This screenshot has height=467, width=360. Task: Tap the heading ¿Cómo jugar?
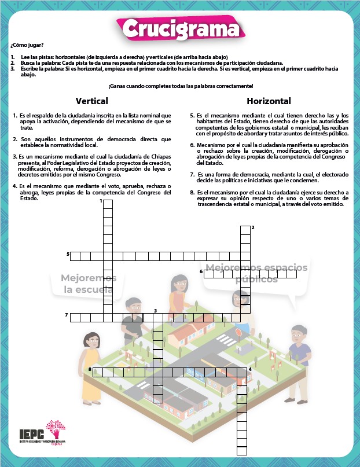(x=27, y=45)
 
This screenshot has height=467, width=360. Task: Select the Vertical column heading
(x=92, y=101)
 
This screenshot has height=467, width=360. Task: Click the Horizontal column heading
(x=269, y=101)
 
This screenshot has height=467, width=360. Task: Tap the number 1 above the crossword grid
(x=101, y=201)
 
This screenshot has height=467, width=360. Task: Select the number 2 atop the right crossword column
(x=252, y=227)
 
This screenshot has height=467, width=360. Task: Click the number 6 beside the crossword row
(x=201, y=271)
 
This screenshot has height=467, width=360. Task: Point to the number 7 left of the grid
(x=67, y=315)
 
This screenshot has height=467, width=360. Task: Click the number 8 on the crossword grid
(x=90, y=369)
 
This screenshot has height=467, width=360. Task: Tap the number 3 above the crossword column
(x=155, y=311)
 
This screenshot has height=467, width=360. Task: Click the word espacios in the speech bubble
(x=283, y=268)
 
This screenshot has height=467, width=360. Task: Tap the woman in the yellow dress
(x=92, y=359)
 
